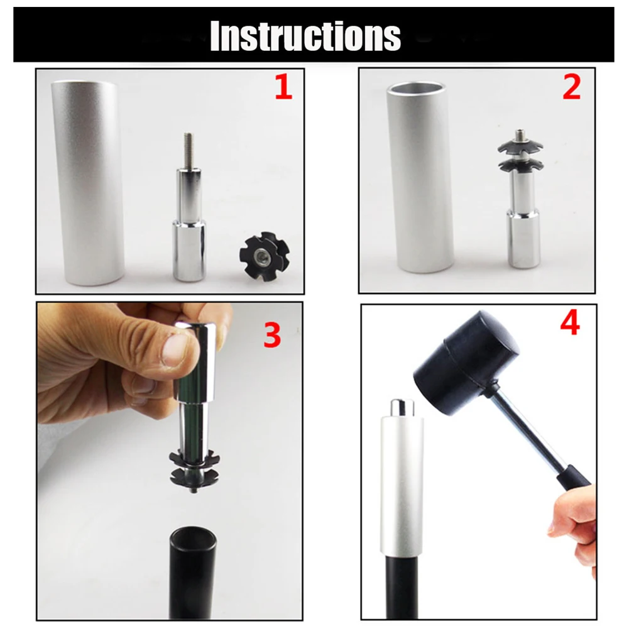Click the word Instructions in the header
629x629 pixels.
pyautogui.click(x=305, y=36)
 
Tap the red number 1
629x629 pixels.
pyautogui.click(x=283, y=87)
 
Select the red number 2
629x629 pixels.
pyautogui.click(x=572, y=87)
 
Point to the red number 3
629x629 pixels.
pyautogui.click(x=272, y=336)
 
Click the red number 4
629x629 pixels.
pyautogui.click(x=570, y=324)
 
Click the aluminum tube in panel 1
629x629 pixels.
pyautogui.click(x=88, y=182)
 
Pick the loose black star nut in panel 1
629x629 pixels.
pyautogui.click(x=265, y=256)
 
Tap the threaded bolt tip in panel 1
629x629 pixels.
pyautogui.click(x=188, y=150)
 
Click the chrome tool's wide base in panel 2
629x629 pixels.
pyautogui.click(x=523, y=238)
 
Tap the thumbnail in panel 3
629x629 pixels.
pyautogui.click(x=175, y=351)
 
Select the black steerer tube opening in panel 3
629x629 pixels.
pyautogui.click(x=193, y=535)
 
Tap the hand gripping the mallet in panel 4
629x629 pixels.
pyautogui.click(x=574, y=530)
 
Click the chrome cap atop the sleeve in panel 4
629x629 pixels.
pyautogui.click(x=402, y=408)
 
